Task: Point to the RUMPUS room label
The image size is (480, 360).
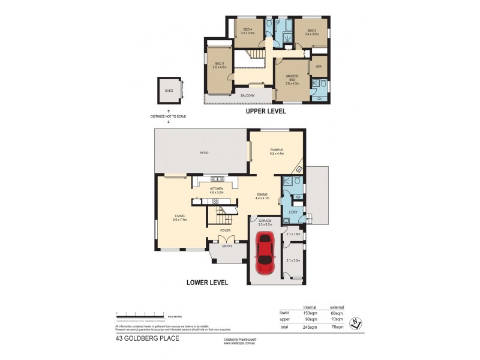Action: click(277, 150)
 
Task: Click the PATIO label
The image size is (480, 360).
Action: click(204, 154)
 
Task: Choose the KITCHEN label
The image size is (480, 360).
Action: click(217, 189)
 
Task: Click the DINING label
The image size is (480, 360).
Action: click(262, 194)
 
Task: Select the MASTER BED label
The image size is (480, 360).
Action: click(292, 77)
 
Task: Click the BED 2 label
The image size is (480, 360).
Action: click(311, 31)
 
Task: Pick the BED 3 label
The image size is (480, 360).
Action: click(218, 64)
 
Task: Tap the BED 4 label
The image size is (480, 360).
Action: click(248, 30)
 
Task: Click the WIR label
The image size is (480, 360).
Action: click(318, 67)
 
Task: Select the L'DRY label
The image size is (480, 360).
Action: click(294, 213)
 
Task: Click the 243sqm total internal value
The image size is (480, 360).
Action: click(310, 328)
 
